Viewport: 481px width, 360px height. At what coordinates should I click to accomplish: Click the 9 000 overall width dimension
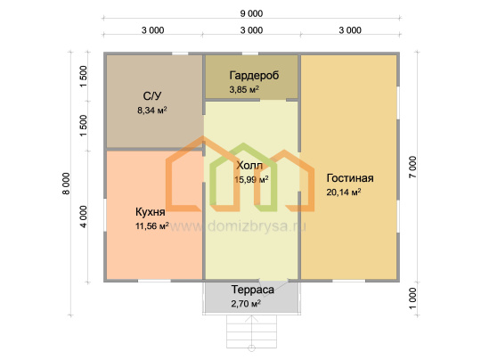click(x=251, y=13)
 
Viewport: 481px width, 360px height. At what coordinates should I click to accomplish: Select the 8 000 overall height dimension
click(x=66, y=184)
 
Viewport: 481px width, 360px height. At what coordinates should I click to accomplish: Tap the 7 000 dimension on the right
click(x=413, y=167)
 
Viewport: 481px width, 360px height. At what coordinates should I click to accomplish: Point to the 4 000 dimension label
click(x=84, y=217)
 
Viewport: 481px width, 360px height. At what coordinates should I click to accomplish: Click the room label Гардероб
click(x=254, y=76)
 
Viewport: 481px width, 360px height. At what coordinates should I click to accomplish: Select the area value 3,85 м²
click(x=244, y=89)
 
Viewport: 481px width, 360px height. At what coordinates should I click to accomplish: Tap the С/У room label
click(x=151, y=96)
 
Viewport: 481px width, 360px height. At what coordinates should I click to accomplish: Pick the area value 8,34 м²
click(x=152, y=110)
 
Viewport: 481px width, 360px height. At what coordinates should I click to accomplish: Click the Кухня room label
click(x=151, y=212)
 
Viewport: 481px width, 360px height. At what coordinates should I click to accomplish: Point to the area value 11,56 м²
click(x=152, y=225)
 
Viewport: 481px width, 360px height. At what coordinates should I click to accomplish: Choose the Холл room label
click(x=249, y=166)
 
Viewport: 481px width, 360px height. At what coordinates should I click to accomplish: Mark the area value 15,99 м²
click(x=251, y=179)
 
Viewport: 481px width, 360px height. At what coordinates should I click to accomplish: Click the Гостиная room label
click(x=350, y=178)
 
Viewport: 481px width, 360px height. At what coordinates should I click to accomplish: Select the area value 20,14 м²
click(x=344, y=192)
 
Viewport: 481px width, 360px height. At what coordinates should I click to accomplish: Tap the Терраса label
click(x=253, y=290)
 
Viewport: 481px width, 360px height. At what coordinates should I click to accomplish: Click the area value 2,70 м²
click(x=246, y=304)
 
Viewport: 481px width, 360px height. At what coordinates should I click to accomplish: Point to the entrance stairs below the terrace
click(x=251, y=331)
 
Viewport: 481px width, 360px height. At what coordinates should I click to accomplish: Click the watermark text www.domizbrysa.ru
click(x=238, y=226)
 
